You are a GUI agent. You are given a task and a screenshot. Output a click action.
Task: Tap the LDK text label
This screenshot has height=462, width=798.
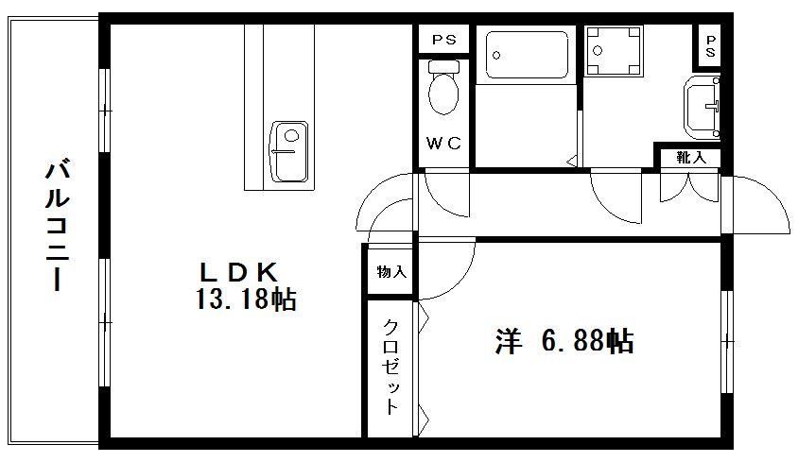click(239, 272)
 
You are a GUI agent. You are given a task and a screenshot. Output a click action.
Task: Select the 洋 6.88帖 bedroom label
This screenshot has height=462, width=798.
click(564, 341)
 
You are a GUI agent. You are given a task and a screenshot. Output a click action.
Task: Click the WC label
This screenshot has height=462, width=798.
click(443, 144)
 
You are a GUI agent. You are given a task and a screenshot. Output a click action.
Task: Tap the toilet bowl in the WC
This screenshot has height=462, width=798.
click(443, 88)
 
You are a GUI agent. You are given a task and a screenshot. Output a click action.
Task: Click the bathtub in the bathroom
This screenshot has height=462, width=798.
click(527, 55)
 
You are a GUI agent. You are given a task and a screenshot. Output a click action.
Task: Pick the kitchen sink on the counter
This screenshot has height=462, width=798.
click(289, 151)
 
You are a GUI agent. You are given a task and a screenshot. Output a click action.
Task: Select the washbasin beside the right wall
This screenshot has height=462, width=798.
click(702, 108)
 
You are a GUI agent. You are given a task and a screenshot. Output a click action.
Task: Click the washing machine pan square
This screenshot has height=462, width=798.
click(614, 50)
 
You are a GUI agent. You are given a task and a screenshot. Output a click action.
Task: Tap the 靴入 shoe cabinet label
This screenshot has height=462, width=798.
click(691, 157)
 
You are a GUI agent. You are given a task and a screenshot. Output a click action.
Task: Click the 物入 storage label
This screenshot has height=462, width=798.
click(391, 272)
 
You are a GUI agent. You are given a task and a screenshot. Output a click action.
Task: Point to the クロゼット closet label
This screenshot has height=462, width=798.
click(390, 367)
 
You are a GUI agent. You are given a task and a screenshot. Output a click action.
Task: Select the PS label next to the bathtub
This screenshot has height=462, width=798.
click(443, 39)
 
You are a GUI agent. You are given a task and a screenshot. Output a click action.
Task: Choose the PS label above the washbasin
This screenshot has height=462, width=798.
click(710, 45)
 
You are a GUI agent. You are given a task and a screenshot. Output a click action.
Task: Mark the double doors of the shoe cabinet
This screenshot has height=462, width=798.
click(689, 187)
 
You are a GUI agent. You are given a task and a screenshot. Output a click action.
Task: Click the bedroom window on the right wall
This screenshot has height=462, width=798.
click(727, 341)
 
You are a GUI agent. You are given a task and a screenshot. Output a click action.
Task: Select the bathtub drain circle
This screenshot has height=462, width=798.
click(496, 56)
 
